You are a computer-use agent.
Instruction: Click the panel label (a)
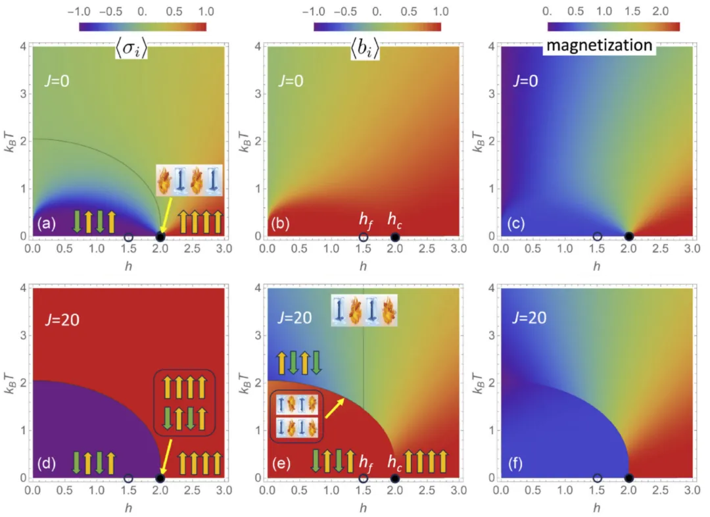pos(45,223)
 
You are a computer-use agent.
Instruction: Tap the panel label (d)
pos(45,464)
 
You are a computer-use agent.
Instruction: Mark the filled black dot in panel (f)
pos(628,478)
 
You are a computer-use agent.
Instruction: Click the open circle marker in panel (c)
pos(597,236)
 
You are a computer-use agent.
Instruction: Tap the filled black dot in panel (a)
pos(160,237)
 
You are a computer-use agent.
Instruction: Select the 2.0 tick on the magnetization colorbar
pos(660,12)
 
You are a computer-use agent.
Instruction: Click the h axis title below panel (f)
pos(596,509)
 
